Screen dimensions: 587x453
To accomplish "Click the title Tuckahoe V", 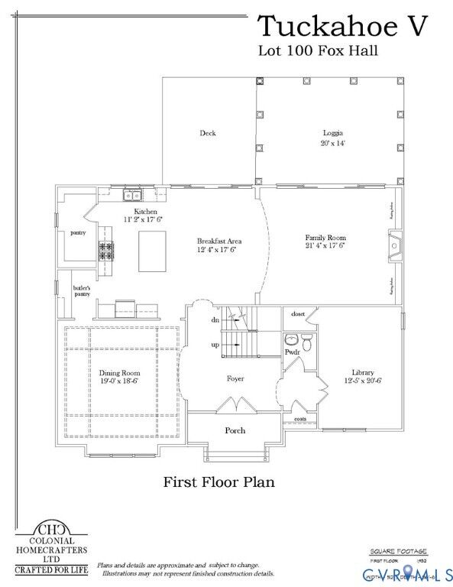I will [342, 26].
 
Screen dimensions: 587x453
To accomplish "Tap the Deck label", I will [208, 133].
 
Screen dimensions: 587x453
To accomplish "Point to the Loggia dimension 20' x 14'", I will [332, 143].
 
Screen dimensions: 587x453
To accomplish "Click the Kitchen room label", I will [145, 211].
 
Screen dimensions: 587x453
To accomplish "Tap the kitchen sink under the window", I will [131, 195].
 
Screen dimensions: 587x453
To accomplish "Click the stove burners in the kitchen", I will [105, 250].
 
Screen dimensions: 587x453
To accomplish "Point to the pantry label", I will [78, 232].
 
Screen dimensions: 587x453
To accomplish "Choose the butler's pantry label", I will [82, 290].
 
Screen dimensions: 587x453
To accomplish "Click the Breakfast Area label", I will [219, 242].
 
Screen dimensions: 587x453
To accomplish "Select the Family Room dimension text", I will [325, 246].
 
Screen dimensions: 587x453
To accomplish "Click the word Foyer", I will [235, 378].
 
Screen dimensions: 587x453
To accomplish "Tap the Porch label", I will [235, 430].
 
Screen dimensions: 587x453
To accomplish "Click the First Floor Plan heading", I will [218, 482].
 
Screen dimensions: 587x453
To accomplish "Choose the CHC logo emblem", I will [51, 529].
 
